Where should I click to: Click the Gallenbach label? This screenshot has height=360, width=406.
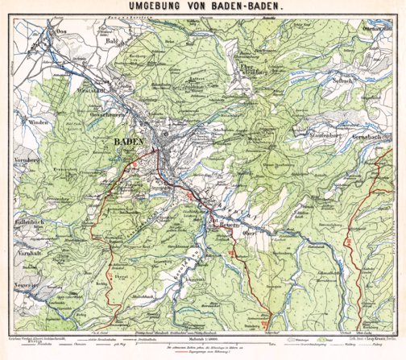click(36, 220)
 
